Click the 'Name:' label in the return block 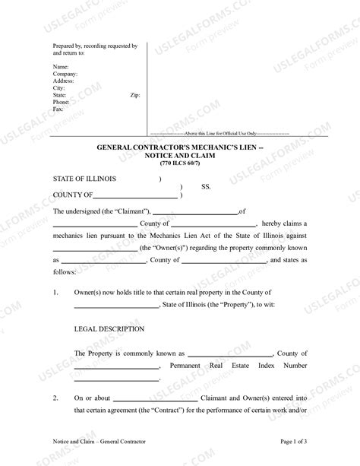tap(60, 68)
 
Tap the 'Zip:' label tap(135, 95)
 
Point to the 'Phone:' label tap(62, 102)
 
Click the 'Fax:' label tap(58, 109)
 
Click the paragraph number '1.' tap(55, 293)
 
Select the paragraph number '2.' tap(55, 398)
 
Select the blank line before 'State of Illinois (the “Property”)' tap(116, 306)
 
